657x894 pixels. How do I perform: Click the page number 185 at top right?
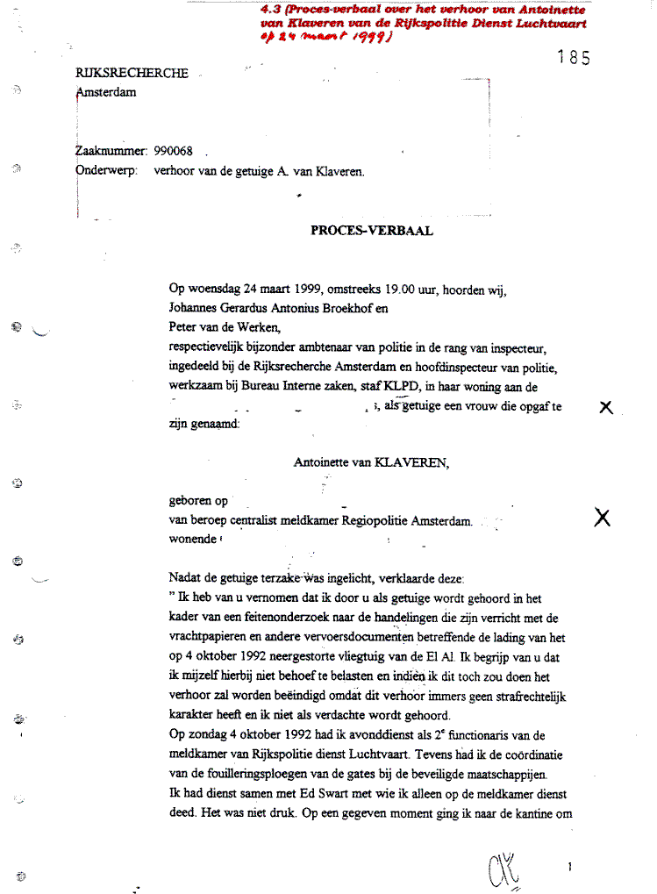(x=574, y=59)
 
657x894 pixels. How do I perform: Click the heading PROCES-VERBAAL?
(x=372, y=232)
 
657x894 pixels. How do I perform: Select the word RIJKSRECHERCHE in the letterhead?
(x=132, y=74)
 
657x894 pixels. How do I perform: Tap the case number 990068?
(x=173, y=151)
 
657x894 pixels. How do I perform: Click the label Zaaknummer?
(x=112, y=151)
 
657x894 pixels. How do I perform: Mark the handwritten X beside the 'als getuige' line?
(x=605, y=408)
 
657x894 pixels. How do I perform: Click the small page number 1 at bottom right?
(x=570, y=867)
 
